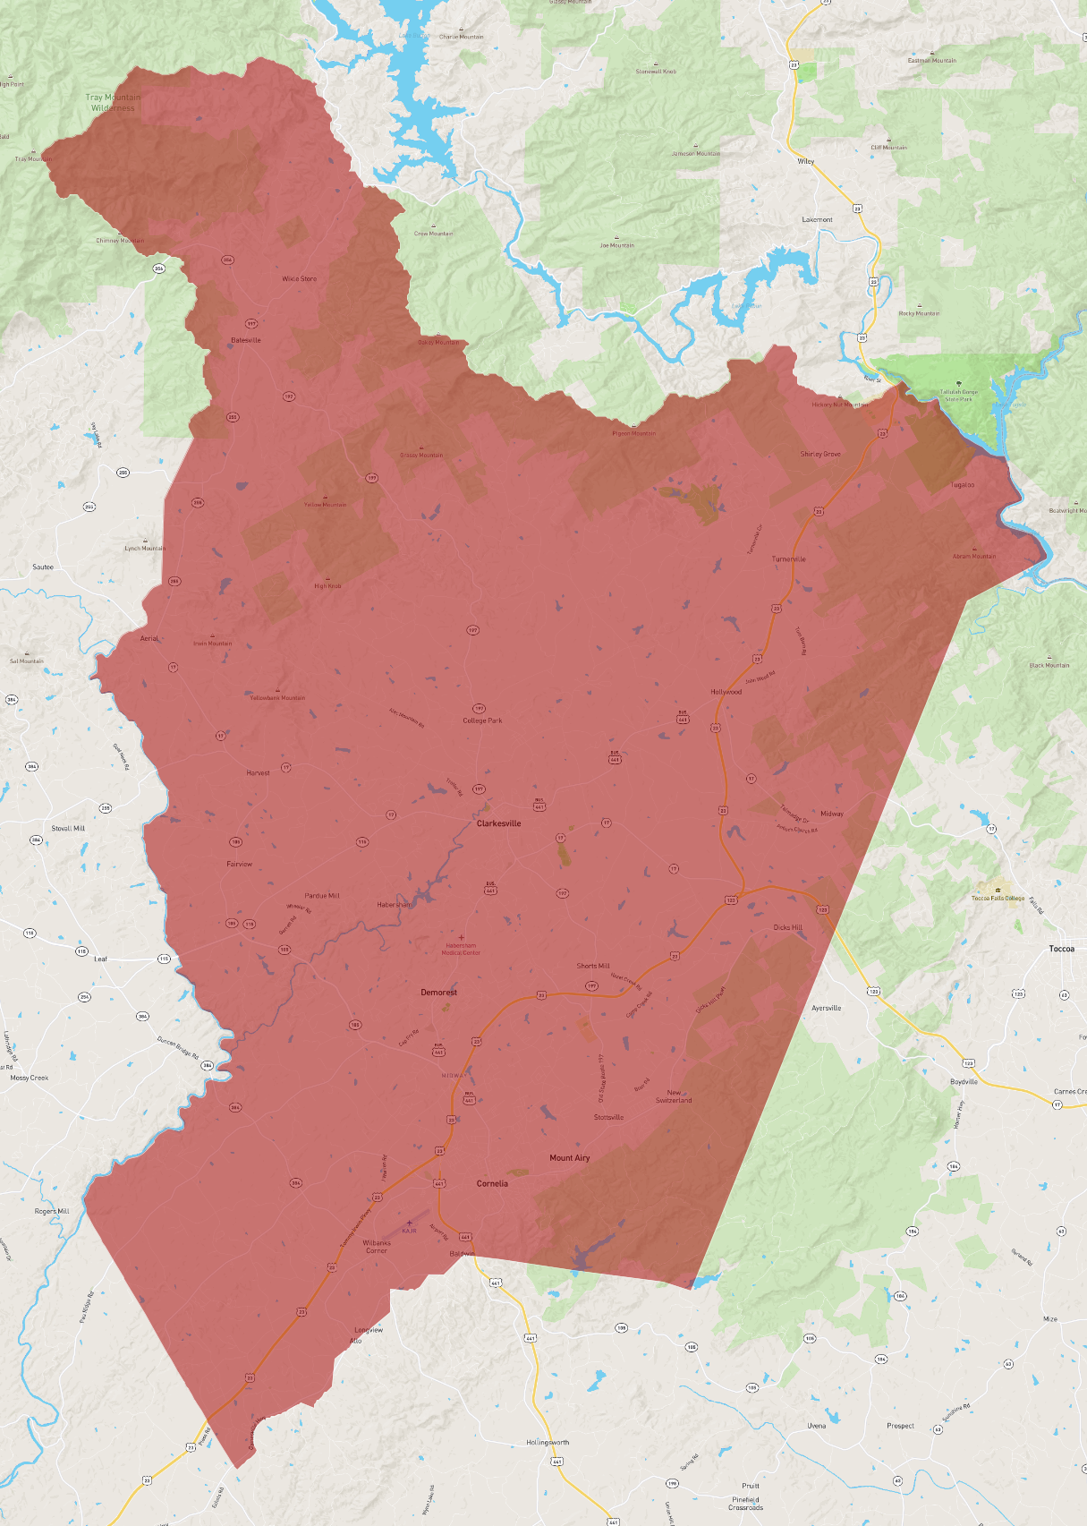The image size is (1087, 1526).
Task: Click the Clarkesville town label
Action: [498, 823]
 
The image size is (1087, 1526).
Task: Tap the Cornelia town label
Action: [492, 1183]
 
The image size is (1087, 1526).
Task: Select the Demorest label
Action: [438, 993]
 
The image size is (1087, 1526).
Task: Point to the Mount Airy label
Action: [569, 1158]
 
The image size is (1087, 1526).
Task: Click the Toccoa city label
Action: [1061, 949]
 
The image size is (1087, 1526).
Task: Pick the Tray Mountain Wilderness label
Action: [113, 103]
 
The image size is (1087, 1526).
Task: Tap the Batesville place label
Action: [246, 340]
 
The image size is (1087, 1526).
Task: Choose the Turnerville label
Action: [788, 559]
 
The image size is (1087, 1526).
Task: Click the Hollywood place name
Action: [726, 692]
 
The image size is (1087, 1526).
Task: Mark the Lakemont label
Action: [817, 219]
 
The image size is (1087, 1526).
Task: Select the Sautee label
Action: [43, 567]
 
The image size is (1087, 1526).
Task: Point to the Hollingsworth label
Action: [548, 1443]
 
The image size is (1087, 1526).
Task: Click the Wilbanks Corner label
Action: [377, 1247]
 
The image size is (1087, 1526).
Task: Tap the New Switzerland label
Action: [674, 1096]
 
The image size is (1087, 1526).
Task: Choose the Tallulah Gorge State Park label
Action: [959, 395]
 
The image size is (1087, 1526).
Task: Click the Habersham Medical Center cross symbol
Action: [461, 937]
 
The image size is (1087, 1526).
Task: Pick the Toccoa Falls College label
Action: [998, 898]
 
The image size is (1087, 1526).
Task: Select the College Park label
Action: [482, 720]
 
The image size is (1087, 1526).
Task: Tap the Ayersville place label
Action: [826, 1008]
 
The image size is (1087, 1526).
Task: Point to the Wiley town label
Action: [806, 162]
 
